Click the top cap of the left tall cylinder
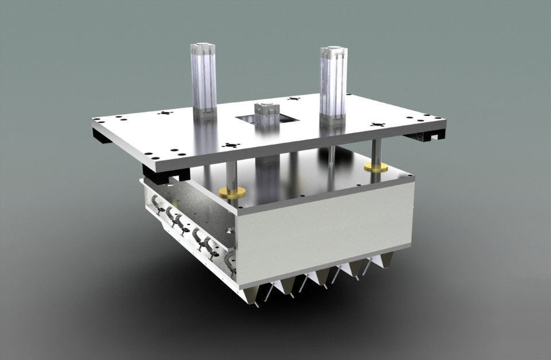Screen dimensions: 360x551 point(203,46)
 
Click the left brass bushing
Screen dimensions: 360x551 point(232,192)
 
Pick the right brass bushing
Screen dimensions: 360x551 point(376,167)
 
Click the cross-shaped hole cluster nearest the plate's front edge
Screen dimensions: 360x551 point(230,145)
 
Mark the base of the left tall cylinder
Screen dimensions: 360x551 point(203,111)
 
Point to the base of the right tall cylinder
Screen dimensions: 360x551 point(333,118)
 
